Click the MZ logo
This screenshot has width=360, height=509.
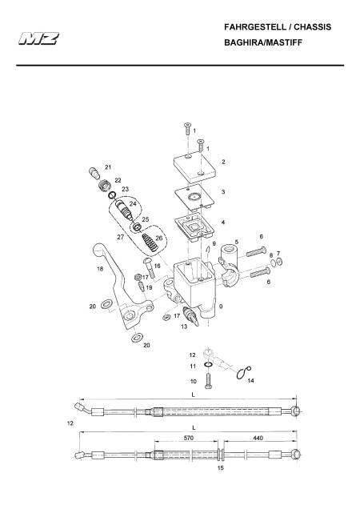coord(38,38)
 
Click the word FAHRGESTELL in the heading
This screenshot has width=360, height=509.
coord(255,27)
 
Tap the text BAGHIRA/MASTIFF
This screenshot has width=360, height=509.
coord(263,42)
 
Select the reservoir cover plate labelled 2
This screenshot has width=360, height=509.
coord(194,166)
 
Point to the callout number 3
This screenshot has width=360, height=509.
coord(223,192)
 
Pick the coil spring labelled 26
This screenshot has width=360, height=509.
coord(150,242)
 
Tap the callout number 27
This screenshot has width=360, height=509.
coord(121,238)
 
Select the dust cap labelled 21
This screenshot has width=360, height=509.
coord(94,172)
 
